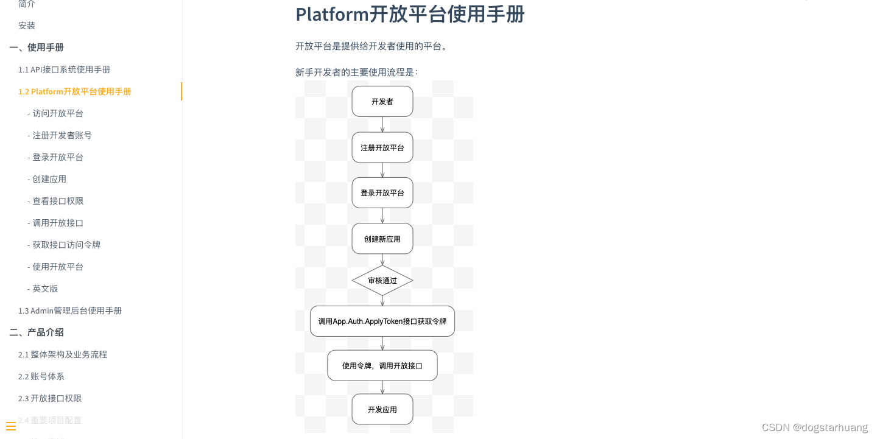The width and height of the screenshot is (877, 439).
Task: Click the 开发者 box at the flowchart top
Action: (382, 102)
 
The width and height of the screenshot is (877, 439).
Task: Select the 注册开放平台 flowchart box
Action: (382, 148)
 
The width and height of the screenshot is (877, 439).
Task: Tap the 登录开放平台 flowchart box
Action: (382, 193)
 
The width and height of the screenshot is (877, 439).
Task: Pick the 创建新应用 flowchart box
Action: (382, 239)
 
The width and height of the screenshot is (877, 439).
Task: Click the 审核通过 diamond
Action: (382, 281)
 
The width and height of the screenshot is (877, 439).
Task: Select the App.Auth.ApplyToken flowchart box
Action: (382, 321)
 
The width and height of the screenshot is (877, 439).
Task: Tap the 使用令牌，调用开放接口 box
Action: (382, 365)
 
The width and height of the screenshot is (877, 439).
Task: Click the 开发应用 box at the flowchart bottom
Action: (382, 409)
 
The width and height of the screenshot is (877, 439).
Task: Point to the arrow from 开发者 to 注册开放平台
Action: (382, 125)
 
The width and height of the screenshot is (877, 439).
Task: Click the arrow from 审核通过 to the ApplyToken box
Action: (382, 301)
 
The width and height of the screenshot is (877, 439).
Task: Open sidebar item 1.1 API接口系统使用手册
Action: (65, 69)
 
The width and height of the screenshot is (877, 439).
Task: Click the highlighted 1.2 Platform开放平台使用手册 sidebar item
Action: (75, 91)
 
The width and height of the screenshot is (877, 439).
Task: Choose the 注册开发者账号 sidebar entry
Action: (62, 135)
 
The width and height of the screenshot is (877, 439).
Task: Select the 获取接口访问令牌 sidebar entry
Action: (66, 245)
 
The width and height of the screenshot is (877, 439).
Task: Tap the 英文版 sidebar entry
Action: (45, 289)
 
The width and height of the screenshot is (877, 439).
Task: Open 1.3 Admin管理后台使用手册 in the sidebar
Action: (70, 311)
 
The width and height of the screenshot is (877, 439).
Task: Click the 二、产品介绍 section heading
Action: (37, 332)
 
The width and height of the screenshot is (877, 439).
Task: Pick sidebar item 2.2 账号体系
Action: (41, 376)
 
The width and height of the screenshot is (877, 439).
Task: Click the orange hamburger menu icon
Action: (11, 426)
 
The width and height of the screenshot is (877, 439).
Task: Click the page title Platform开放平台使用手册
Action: (410, 14)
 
